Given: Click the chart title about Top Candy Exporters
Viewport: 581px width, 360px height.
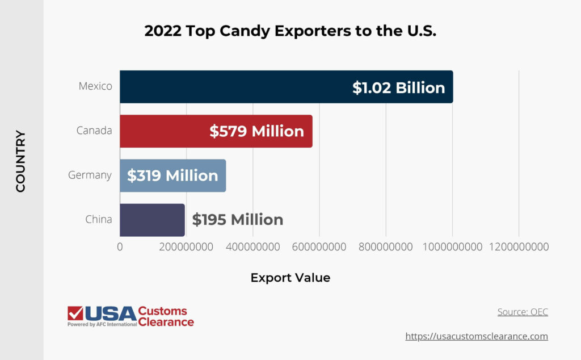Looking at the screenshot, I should (x=290, y=31).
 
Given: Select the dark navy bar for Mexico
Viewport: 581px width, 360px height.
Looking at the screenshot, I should (x=233, y=87).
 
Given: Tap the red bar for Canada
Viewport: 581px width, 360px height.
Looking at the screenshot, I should (x=165, y=131).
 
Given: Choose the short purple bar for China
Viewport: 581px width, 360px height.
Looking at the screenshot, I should (x=152, y=220).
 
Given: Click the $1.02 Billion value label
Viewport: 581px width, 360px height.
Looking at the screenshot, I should (x=398, y=87).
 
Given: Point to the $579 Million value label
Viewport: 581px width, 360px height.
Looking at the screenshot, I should (x=256, y=131).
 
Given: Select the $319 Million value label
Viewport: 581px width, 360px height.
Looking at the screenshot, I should (x=172, y=175).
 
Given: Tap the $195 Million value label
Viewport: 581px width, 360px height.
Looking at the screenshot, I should (x=237, y=220).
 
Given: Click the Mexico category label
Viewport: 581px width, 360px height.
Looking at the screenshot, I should (x=95, y=86).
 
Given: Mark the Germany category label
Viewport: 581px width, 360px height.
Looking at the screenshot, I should (x=90, y=175).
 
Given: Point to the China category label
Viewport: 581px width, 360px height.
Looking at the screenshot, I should (x=99, y=219).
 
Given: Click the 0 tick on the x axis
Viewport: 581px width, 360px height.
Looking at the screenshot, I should (x=120, y=247).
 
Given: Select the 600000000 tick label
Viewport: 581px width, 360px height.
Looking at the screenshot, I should (x=319, y=247).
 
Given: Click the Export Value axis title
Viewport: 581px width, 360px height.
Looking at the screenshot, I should (x=290, y=278).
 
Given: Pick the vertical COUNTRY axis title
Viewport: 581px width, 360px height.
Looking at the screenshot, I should (x=20, y=161).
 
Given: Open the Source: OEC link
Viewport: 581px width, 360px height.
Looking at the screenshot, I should (x=523, y=312).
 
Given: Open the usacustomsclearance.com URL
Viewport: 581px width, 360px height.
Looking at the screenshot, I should (x=477, y=336).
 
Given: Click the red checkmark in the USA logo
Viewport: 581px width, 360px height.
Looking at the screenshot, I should (x=75, y=313).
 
